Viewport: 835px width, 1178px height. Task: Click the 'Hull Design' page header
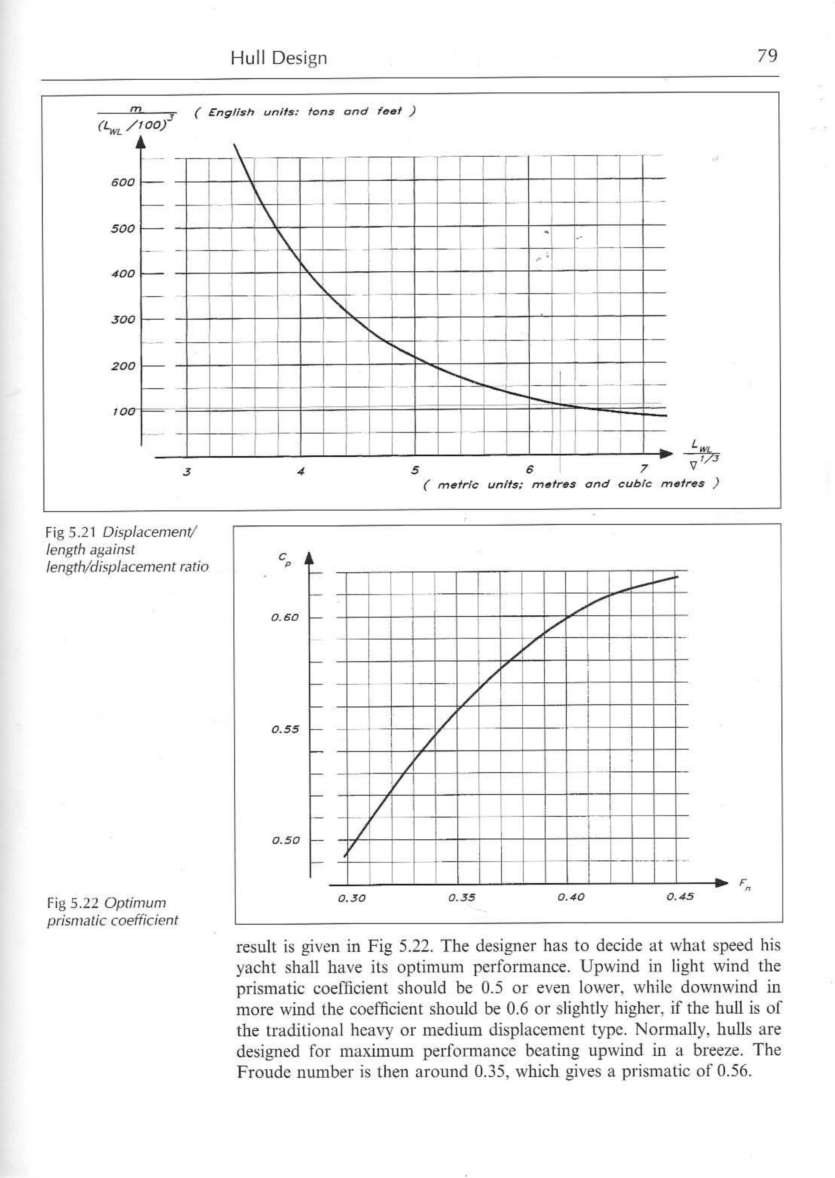tap(279, 58)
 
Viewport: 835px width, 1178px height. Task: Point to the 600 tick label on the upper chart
tap(123, 182)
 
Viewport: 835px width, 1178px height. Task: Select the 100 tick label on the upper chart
tap(123, 411)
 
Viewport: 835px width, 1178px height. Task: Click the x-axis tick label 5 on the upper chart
tap(414, 470)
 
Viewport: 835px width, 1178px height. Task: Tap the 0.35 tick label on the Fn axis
tap(461, 898)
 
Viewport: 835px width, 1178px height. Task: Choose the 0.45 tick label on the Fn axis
tap(680, 897)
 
